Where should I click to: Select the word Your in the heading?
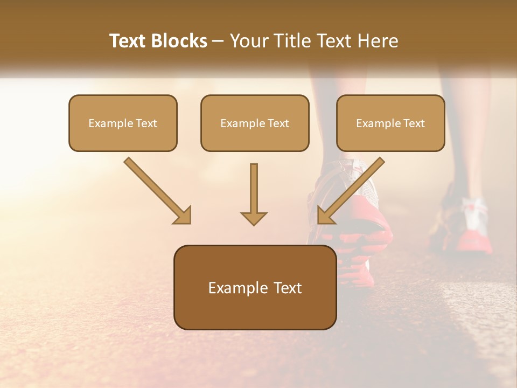pos(248,41)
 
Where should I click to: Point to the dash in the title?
pos(218,41)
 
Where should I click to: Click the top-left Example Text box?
pos(123,123)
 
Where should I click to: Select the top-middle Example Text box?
pos(255,123)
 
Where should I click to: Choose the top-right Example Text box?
pos(390,123)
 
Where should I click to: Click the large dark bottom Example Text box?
pos(255,287)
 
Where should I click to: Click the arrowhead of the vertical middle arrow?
pos(254,218)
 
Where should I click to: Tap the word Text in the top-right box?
pos(414,123)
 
